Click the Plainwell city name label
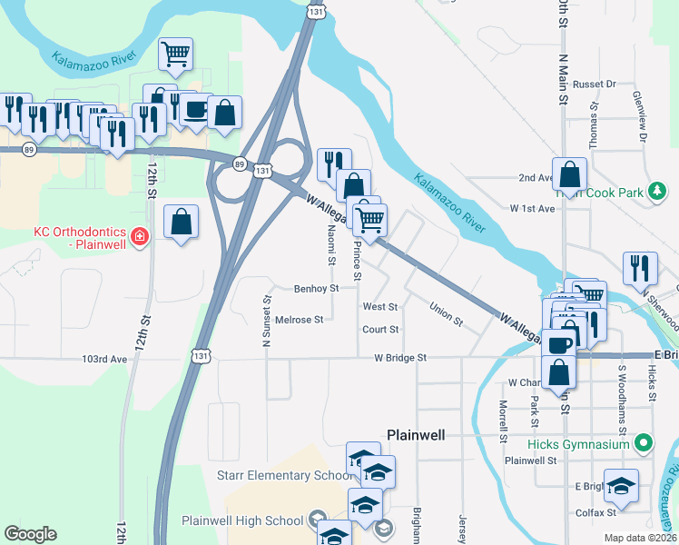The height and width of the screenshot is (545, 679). pos(416,435)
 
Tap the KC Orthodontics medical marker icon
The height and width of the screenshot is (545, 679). pos(139,238)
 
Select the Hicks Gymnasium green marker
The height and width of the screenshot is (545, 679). pos(644,444)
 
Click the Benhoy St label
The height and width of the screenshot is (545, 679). pos(316,288)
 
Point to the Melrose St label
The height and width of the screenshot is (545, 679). pos(299,320)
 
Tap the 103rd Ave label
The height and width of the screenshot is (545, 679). pos(105,359)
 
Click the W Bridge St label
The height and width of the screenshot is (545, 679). pos(400,359)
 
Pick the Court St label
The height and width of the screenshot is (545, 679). pos(380,330)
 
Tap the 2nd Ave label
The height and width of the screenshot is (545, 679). pos(536,178)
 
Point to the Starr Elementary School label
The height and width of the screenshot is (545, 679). pos(282,475)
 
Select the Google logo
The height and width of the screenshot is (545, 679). pos(30,534)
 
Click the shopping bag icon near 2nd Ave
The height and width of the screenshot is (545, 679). pos(569,173)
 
